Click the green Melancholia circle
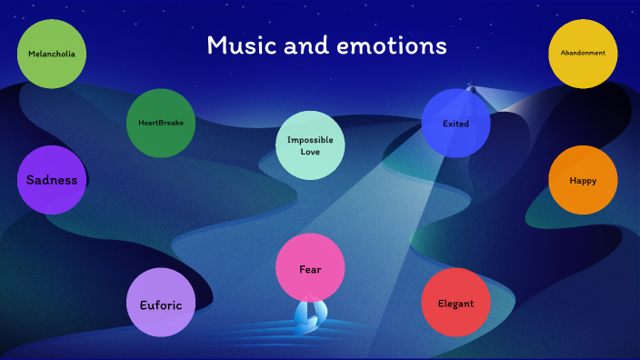click(52, 54)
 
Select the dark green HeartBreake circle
click(161, 123)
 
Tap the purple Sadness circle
click(52, 180)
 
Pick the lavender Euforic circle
click(161, 305)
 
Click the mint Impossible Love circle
click(310, 145)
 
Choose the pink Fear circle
click(310, 268)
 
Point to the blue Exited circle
click(455, 123)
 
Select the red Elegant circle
click(455, 303)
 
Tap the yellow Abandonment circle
click(583, 54)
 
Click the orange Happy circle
click(583, 180)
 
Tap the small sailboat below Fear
click(309, 315)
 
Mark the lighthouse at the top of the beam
click(471, 88)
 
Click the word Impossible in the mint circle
click(310, 140)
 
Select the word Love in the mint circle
click(310, 152)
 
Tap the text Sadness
click(52, 180)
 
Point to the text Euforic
click(161, 305)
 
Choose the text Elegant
click(455, 304)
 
